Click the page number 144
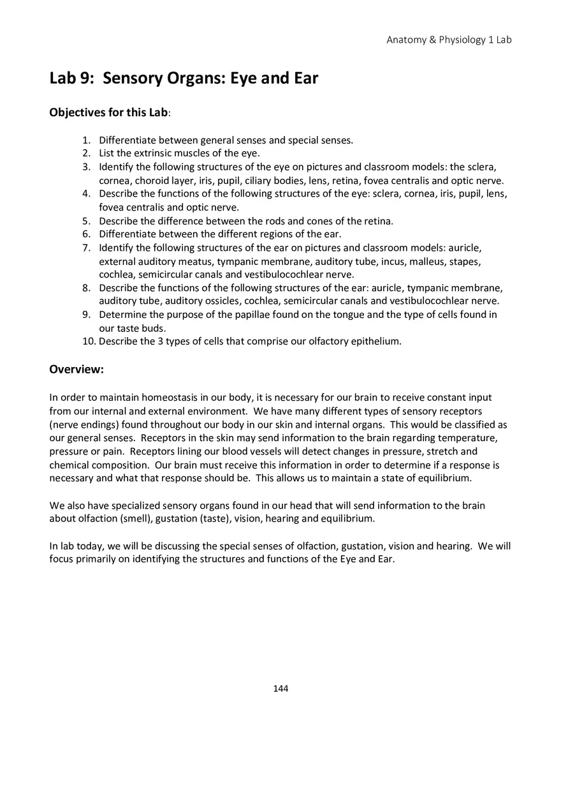click(x=280, y=688)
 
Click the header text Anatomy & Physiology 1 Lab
click(x=449, y=40)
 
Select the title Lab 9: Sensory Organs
click(x=184, y=79)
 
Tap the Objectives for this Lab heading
click(x=109, y=112)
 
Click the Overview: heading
click(x=76, y=370)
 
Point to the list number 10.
click(x=89, y=341)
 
